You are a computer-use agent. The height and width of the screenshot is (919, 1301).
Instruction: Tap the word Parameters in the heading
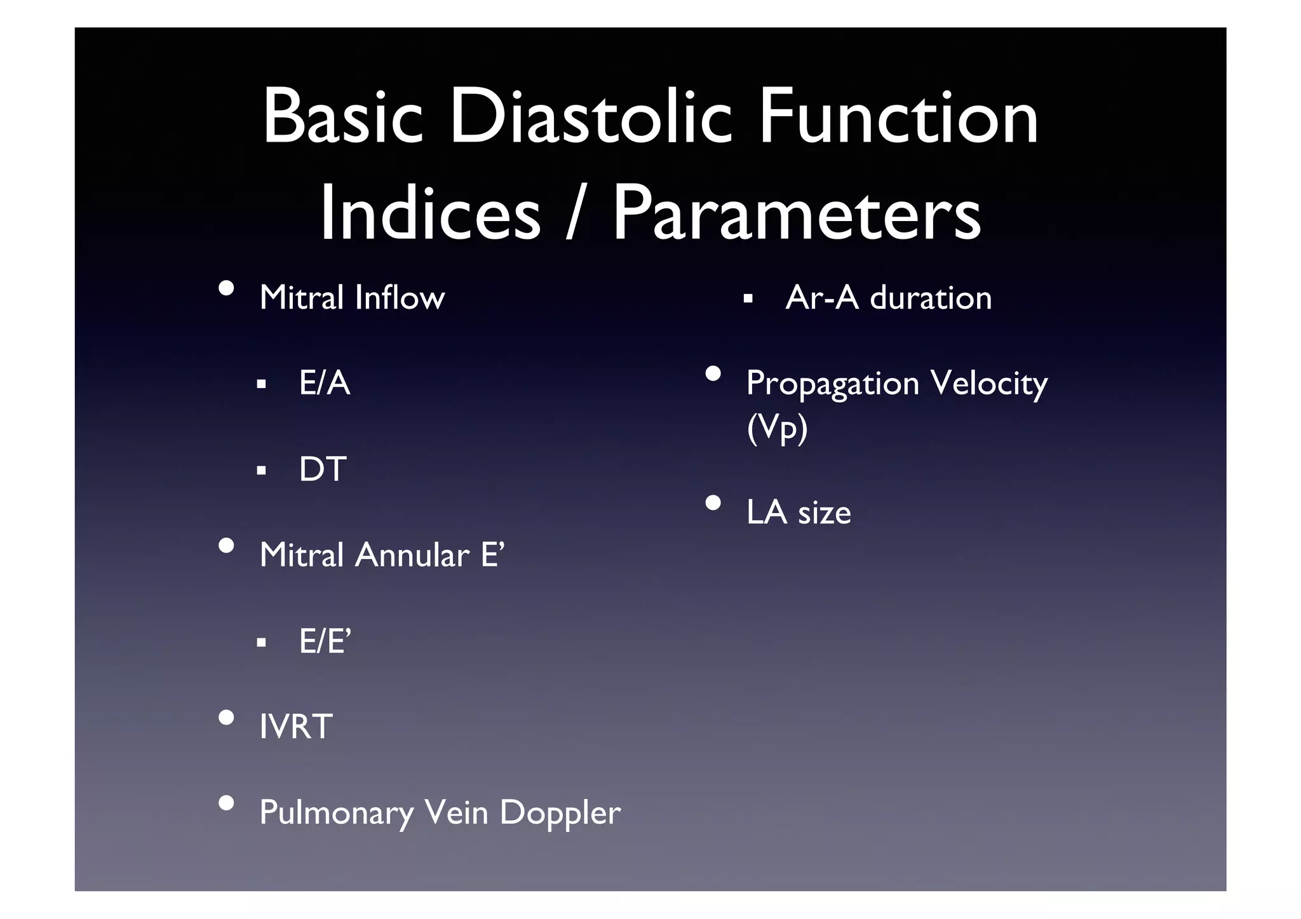[797, 213]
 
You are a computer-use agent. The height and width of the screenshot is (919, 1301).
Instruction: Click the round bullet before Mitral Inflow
[226, 289]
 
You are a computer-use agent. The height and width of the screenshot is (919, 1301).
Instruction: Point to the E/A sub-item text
[325, 383]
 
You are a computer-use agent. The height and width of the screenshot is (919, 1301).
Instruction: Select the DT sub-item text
[323, 469]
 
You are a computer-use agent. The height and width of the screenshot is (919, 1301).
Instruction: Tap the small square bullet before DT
[261, 471]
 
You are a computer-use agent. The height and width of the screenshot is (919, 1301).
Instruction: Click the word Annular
[412, 555]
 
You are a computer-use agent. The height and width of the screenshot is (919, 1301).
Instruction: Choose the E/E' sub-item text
[325, 641]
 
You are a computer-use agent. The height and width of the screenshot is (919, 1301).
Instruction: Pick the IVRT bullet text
[296, 727]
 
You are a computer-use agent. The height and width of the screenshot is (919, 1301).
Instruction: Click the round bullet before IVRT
[226, 718]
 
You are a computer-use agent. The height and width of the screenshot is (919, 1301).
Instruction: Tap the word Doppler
[560, 814]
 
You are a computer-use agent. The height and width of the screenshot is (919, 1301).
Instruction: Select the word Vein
[455, 812]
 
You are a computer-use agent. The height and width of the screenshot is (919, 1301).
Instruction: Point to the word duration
[930, 297]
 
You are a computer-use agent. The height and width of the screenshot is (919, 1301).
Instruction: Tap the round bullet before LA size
[713, 504]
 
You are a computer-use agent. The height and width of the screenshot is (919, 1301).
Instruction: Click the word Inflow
[400, 297]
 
